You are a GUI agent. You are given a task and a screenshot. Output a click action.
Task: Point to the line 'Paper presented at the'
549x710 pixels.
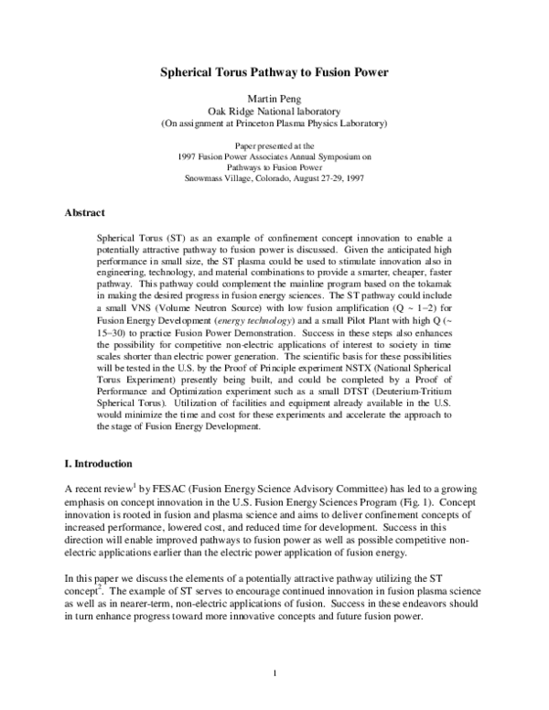tap(274, 145)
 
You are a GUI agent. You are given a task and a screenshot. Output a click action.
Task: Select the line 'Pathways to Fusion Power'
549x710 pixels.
tap(274, 167)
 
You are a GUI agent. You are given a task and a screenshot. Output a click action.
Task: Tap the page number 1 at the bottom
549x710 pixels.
tap(274, 674)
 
